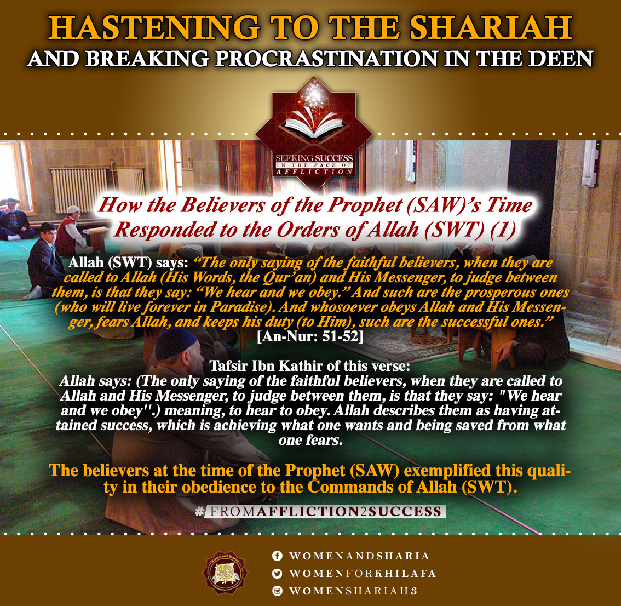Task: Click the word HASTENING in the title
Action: point(154,28)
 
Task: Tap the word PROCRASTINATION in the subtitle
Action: point(326,59)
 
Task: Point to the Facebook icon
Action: point(277,556)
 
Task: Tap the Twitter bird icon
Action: point(277,573)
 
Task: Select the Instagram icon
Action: point(277,591)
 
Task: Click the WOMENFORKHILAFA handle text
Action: point(363,574)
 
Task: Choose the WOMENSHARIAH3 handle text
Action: point(353,591)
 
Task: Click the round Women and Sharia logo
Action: point(225,573)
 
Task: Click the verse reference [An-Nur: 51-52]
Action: point(310,336)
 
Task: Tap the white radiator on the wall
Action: point(79,190)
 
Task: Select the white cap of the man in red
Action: point(73,209)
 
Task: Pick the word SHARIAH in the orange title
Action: point(491,28)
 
